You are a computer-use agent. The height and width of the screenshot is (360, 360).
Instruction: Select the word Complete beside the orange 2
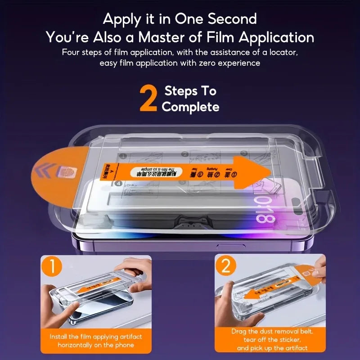tap(190, 107)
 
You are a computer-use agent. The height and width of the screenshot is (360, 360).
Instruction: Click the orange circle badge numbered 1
tap(53, 267)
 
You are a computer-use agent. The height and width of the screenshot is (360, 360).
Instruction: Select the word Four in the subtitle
tap(71, 53)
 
